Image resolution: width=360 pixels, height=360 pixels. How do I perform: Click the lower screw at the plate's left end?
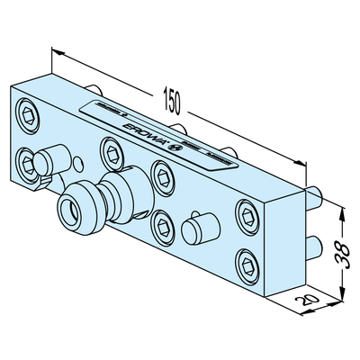(29, 164)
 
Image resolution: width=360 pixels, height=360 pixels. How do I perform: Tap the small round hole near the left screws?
(80, 163)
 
